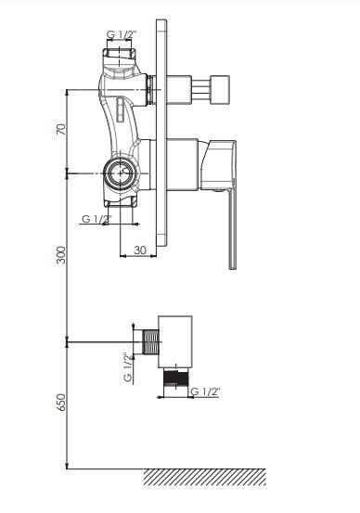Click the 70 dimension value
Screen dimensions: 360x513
tap(61, 129)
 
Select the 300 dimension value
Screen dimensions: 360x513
tap(61, 255)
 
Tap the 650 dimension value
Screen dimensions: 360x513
tap(61, 402)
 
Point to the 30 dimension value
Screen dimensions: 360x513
tap(140, 250)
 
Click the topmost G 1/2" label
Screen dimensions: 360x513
tap(122, 33)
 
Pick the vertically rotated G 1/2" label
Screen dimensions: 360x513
tap(128, 366)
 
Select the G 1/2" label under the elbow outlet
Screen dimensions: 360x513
tap(205, 391)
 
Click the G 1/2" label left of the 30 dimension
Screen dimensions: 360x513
tap(96, 219)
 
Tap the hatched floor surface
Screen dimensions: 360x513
tap(205, 477)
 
